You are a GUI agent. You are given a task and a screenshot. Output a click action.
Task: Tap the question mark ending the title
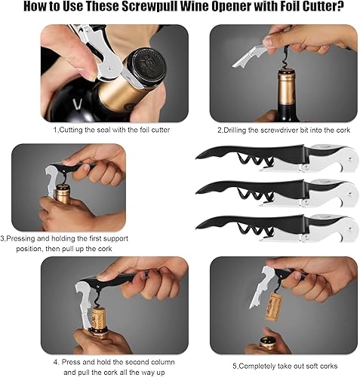coord(340,7)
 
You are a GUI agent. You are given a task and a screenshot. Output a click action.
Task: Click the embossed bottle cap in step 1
coord(147,66)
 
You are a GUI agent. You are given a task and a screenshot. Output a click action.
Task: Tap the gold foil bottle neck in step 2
coord(286,88)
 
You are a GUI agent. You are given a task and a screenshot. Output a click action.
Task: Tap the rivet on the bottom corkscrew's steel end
coord(349,228)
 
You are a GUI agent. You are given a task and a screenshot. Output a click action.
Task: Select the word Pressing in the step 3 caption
coord(21,238)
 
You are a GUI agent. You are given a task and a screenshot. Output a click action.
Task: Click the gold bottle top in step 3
coord(62,193)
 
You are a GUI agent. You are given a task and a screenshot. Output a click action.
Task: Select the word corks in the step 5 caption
coord(328,366)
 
